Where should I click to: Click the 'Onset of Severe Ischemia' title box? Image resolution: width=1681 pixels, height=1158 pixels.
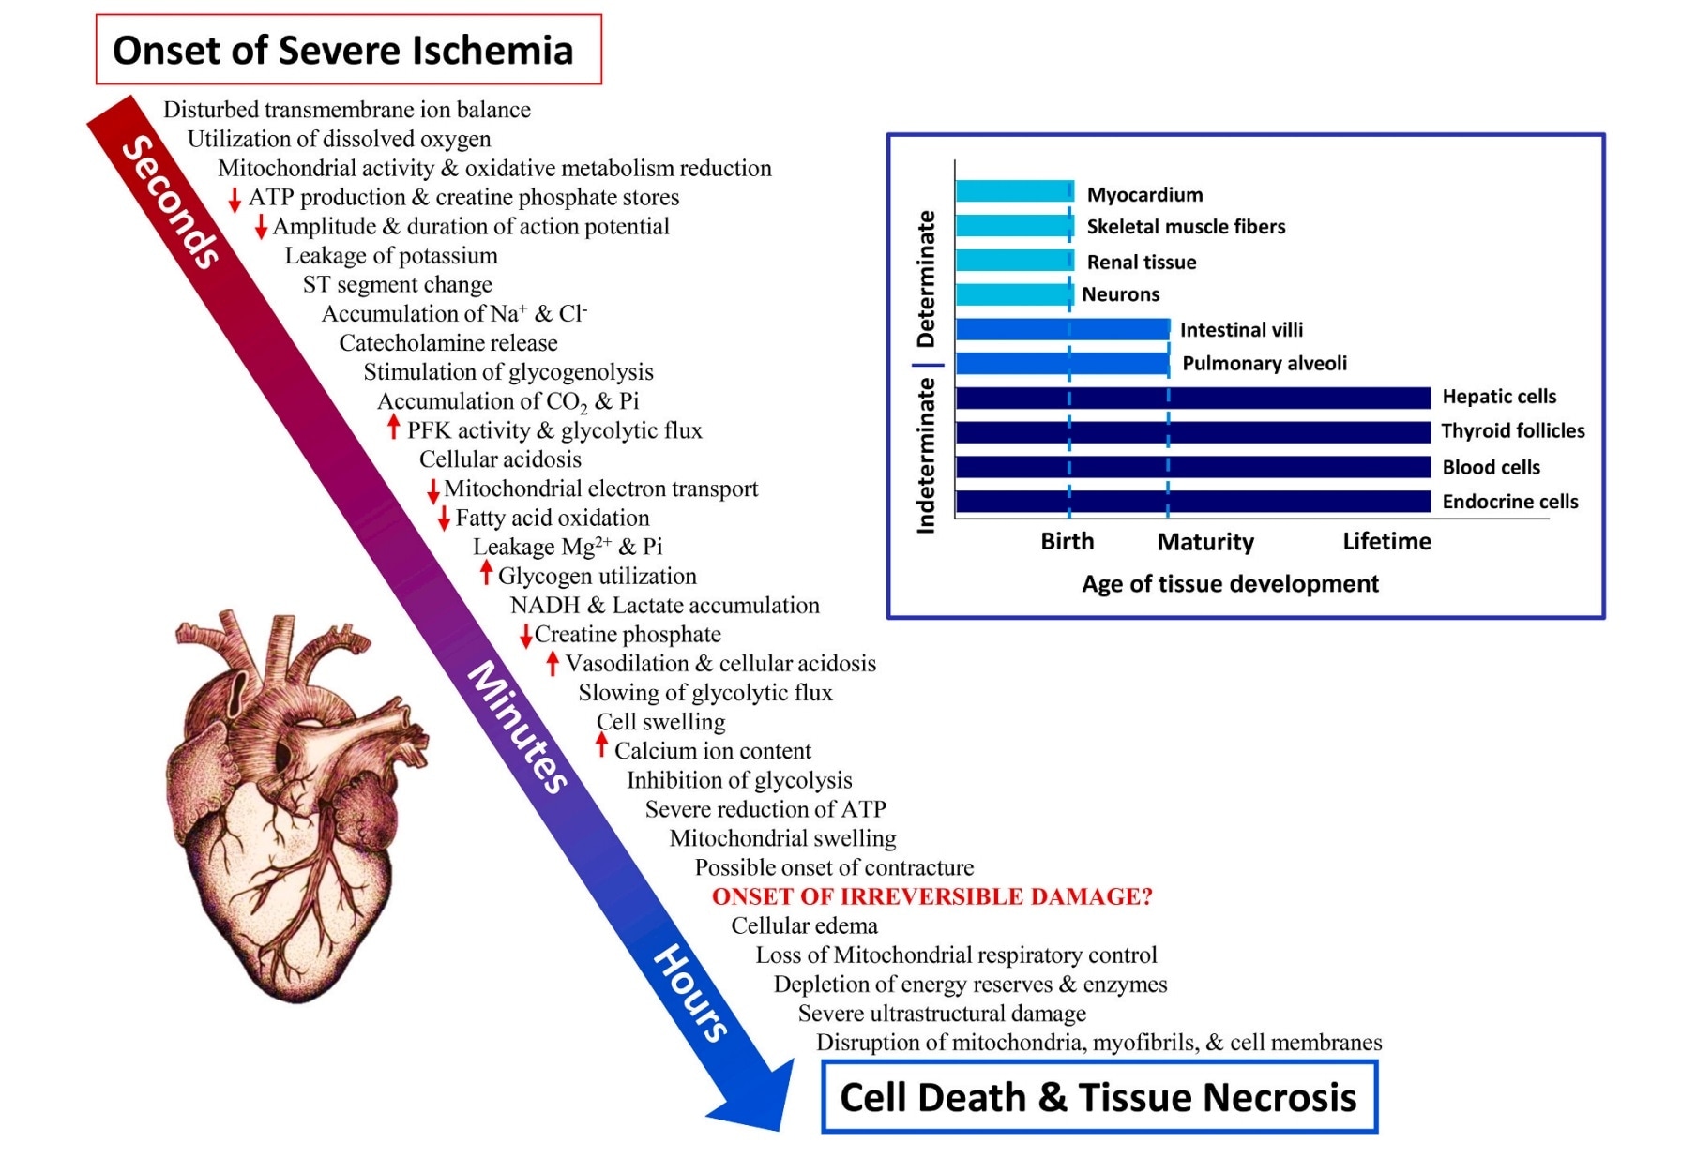348,50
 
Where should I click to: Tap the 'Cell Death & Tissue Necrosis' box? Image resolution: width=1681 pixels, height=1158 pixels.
1098,1097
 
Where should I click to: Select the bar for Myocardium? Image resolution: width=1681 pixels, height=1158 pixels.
1014,191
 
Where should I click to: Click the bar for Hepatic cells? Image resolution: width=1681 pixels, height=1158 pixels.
1192,398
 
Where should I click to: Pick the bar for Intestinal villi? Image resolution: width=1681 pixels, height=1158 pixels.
1062,329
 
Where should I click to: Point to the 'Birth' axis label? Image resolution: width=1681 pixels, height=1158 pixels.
1068,542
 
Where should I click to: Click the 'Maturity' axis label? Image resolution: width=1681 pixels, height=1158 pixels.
1205,542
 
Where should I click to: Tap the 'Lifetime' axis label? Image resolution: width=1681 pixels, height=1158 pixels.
1386,542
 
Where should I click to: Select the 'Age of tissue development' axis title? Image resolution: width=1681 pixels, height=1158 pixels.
1230,584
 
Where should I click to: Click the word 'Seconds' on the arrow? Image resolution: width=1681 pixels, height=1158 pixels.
173,202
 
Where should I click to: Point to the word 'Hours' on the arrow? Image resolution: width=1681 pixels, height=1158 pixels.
690,994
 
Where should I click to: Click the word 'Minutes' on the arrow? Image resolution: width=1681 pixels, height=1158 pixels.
519,728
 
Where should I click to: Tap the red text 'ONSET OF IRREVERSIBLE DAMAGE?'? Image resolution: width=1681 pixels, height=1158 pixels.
931,896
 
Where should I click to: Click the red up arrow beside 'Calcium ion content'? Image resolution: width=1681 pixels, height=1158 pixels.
602,746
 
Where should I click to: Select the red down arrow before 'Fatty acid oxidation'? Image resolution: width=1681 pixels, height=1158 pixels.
444,519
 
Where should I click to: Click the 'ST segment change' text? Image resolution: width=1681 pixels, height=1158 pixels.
397,284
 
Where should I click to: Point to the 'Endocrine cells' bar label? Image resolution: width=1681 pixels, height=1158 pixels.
1509,502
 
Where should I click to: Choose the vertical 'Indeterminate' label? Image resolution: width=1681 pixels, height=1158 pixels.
926,456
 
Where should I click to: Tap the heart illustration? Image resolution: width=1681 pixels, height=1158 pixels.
295,806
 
